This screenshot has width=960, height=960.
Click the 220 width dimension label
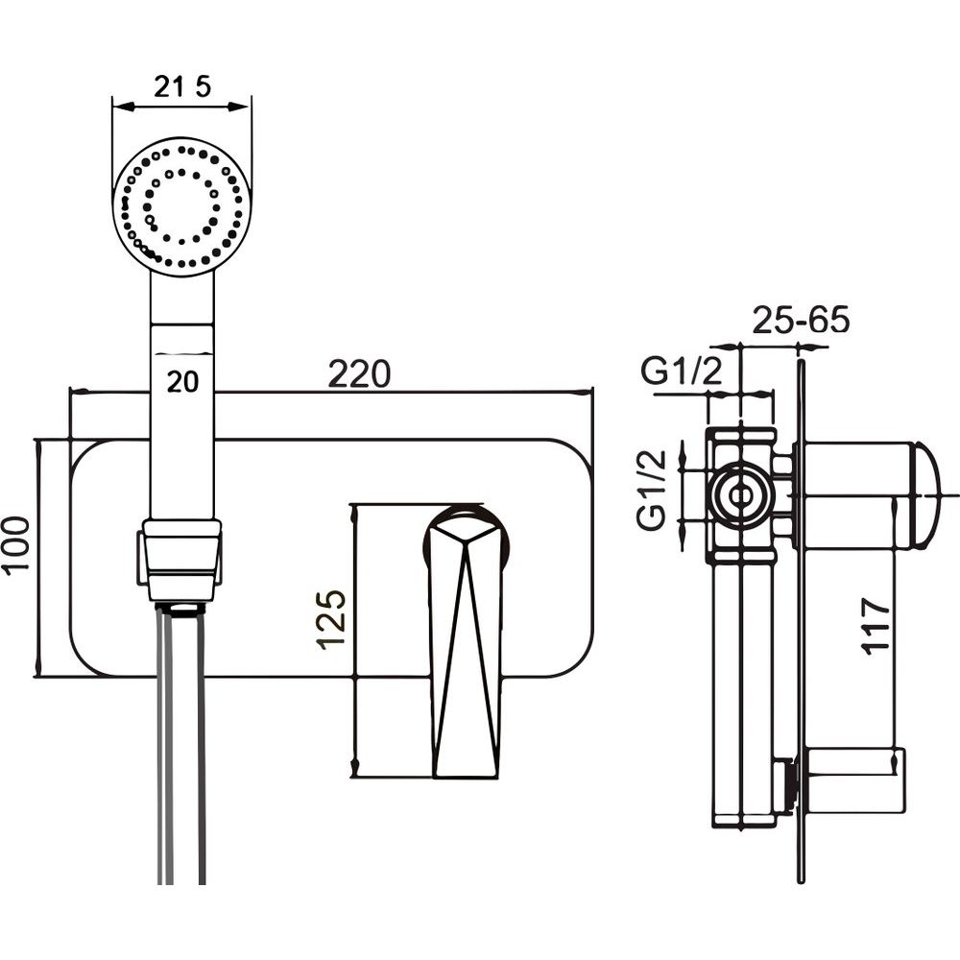[x=359, y=373]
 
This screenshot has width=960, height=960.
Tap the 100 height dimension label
[x=17, y=543]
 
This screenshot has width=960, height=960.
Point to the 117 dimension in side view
[x=876, y=626]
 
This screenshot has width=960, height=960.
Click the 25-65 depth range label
[x=801, y=320]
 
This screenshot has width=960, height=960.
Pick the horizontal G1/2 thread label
[x=682, y=371]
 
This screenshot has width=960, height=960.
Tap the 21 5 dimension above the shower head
[x=181, y=87]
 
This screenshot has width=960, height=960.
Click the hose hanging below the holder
[x=181, y=749]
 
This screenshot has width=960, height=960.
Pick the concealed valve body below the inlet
[x=744, y=691]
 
